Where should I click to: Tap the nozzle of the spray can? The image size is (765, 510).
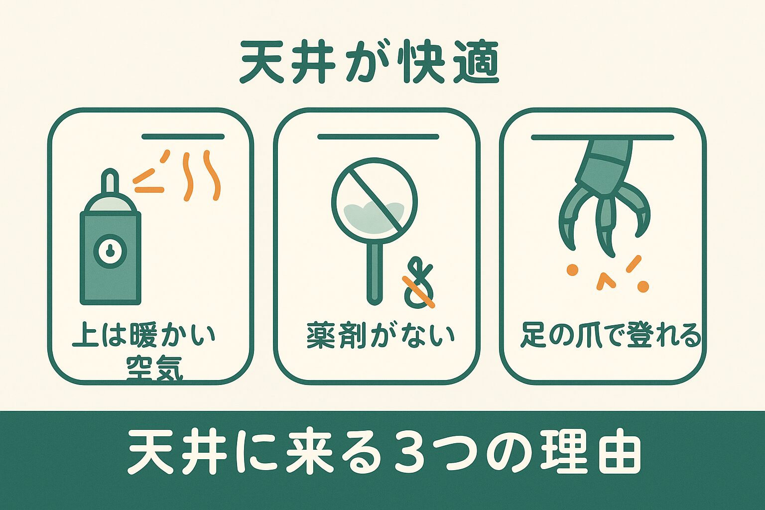point(110,181)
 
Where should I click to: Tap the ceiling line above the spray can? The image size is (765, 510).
point(183,136)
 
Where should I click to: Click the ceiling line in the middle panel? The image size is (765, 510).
point(378,136)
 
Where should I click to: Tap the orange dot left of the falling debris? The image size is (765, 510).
point(572,269)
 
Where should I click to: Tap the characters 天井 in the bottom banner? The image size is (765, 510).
point(172,454)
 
